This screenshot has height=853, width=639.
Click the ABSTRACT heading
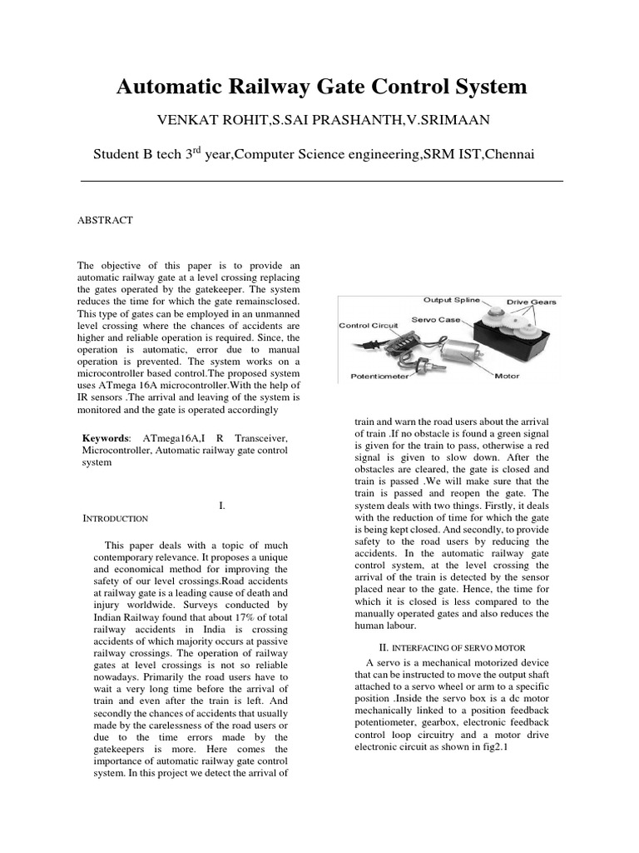[104, 220]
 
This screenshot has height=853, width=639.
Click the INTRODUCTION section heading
[116, 518]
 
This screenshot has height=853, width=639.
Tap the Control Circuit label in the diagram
[369, 326]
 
